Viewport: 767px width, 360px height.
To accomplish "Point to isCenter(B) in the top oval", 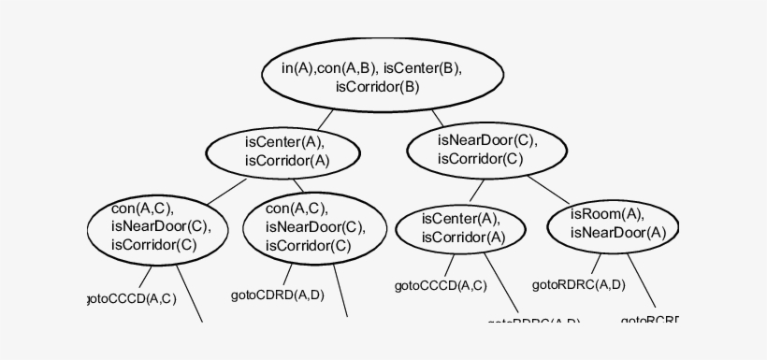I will [422, 67].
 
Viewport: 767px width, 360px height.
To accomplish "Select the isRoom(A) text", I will [608, 214].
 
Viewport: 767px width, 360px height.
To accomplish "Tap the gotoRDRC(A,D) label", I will [578, 284].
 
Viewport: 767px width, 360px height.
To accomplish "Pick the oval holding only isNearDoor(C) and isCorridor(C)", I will [486, 150].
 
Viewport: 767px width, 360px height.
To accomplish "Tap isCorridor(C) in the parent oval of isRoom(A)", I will [486, 159].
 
